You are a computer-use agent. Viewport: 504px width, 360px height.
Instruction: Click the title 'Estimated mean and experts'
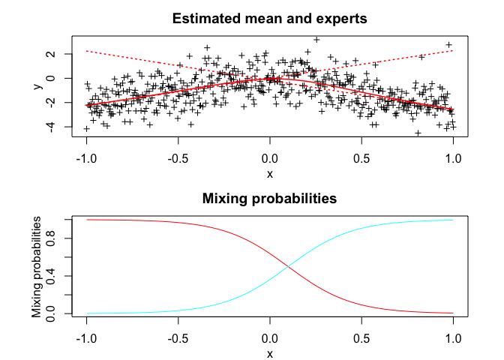(269, 18)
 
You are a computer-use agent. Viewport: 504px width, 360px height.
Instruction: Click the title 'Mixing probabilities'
(269, 199)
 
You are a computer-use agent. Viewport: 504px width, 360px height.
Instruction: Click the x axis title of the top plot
(270, 174)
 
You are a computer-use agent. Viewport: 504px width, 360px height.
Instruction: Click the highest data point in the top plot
(316, 39)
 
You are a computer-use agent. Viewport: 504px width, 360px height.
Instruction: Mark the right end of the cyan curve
(453, 220)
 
